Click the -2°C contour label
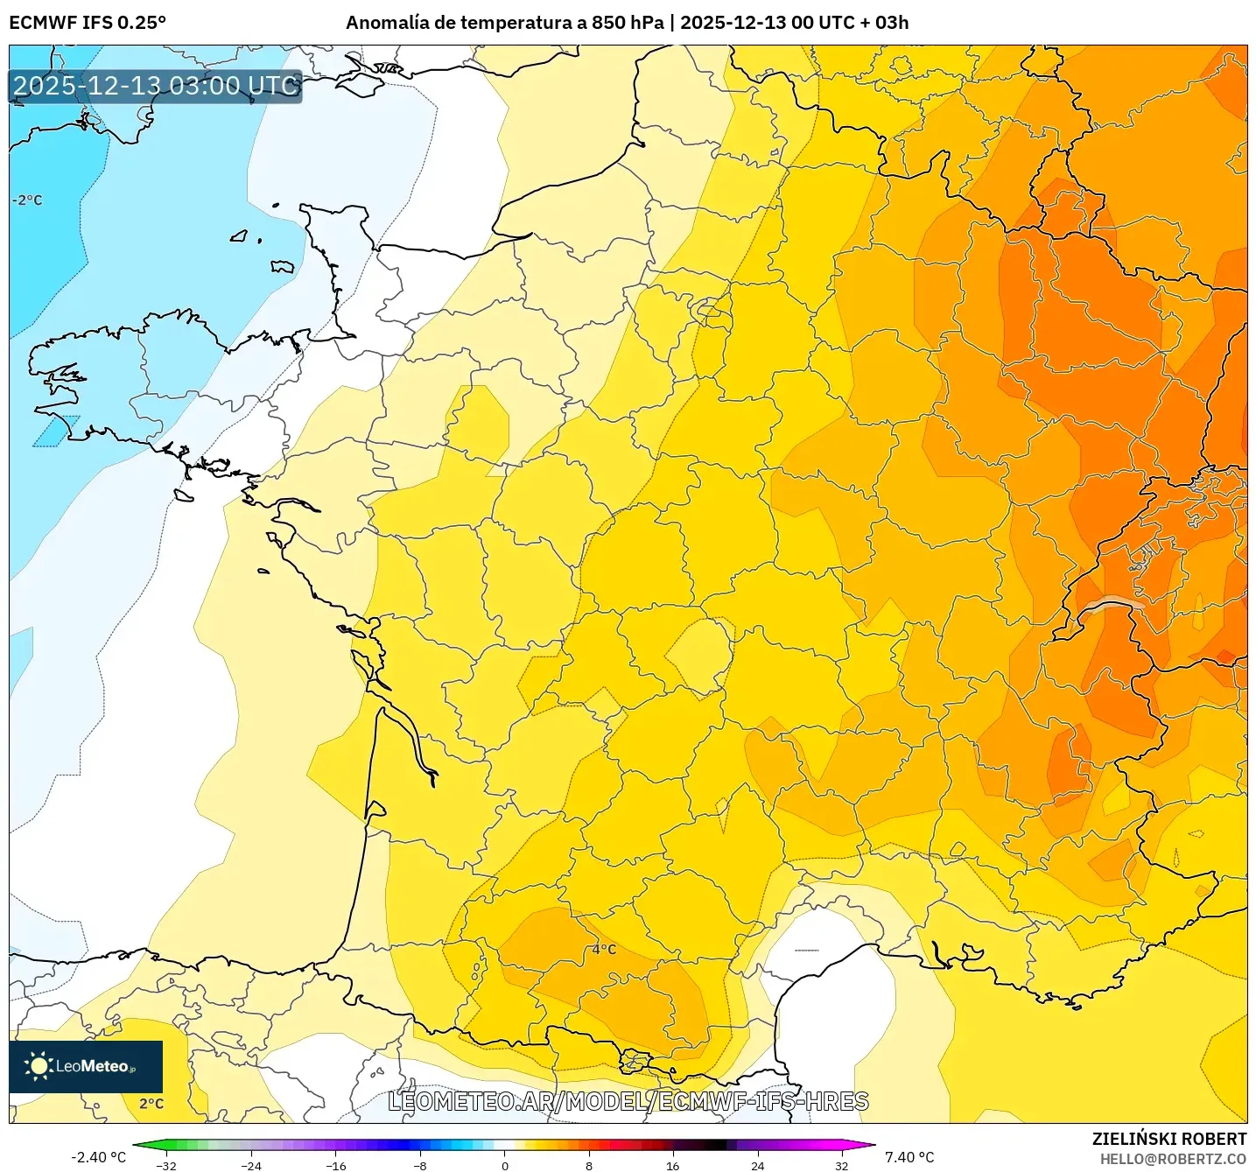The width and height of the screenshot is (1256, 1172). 27,200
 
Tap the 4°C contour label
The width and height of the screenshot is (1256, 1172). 604,950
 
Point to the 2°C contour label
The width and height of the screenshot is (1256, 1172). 151,1104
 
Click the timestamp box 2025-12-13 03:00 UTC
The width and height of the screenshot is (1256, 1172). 156,86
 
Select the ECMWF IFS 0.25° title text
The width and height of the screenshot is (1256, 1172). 88,23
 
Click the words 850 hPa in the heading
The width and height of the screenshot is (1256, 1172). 627,23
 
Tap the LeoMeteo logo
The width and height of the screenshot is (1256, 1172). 86,1066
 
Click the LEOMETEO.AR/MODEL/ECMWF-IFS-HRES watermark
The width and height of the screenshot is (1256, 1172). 628,1102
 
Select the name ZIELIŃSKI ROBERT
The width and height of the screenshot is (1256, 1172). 1169,1139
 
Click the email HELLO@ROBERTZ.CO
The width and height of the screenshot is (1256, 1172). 1173,1159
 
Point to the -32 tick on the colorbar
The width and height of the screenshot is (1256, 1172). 166,1165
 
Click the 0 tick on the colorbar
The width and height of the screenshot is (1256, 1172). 504,1165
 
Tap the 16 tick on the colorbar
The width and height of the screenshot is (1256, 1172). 672,1165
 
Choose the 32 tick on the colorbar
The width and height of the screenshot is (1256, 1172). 841,1165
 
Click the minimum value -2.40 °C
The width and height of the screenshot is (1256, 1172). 98,1157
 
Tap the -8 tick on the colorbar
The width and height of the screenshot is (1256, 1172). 420,1165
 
